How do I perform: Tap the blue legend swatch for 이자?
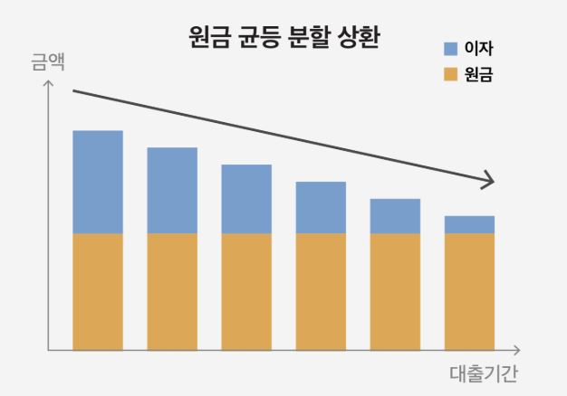click(x=450, y=48)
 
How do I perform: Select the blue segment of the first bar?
click(x=98, y=182)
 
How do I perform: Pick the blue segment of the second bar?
click(x=172, y=190)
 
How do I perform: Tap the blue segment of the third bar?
click(x=246, y=199)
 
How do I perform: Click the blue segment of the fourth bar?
click(x=321, y=207)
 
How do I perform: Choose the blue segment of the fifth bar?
click(x=395, y=216)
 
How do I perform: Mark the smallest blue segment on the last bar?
click(x=469, y=224)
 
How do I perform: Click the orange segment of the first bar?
click(x=98, y=291)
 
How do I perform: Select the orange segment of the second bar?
click(x=172, y=291)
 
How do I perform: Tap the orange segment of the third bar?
click(x=246, y=291)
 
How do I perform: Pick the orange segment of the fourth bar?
click(x=321, y=291)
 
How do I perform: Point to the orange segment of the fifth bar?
click(x=395, y=291)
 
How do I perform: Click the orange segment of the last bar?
click(x=469, y=291)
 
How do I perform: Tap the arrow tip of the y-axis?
click(x=49, y=82)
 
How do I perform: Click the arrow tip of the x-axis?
click(x=519, y=350)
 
